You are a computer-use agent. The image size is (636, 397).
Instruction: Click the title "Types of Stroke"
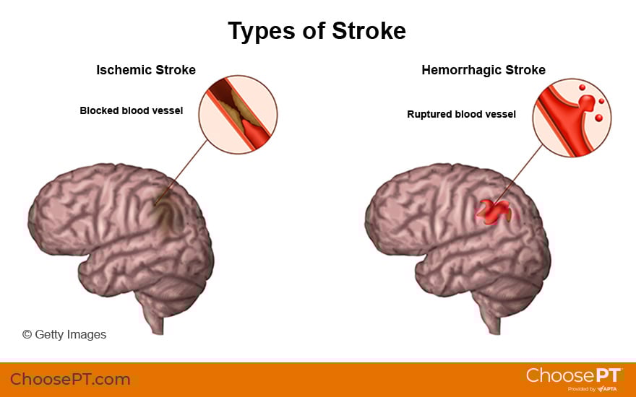coord(317,31)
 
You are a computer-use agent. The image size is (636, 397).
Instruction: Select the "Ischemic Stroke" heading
coord(146,70)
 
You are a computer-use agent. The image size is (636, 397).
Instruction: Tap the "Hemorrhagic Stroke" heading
coord(484,70)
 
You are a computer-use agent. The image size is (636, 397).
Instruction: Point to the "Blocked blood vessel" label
coord(132,110)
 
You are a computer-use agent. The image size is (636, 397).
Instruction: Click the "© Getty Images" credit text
coord(64,334)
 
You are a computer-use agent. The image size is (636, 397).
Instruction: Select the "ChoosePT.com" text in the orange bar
coord(70,379)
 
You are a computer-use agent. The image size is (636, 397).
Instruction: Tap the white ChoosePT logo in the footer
coord(574,375)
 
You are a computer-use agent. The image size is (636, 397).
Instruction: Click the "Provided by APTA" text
coord(591,389)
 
